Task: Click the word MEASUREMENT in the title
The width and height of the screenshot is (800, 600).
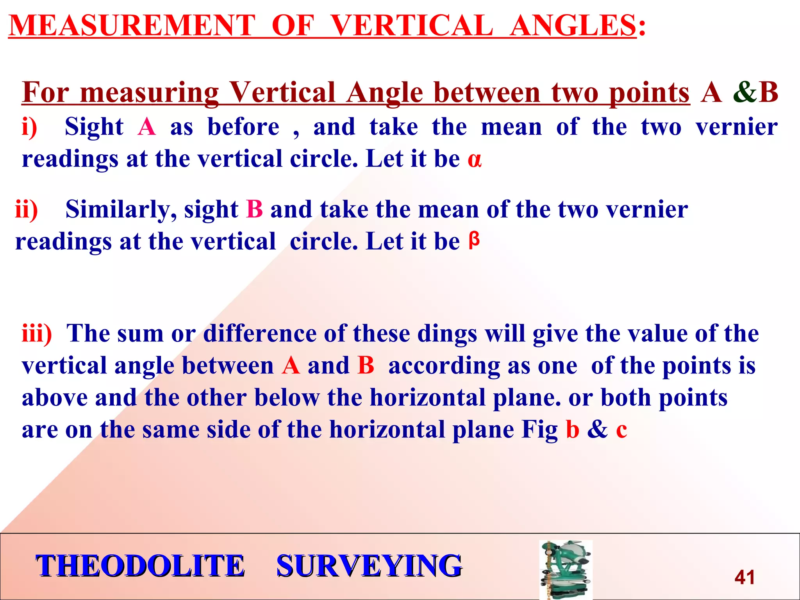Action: [x=132, y=26]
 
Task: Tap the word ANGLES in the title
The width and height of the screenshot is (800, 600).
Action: [x=573, y=26]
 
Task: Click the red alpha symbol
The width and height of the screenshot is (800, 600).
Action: [x=475, y=160]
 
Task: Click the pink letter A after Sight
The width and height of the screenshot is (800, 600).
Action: [x=146, y=127]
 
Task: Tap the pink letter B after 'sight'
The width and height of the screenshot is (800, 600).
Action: [x=255, y=209]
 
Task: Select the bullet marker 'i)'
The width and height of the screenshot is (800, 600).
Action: [x=30, y=127]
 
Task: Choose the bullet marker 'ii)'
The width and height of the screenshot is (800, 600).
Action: [x=27, y=209]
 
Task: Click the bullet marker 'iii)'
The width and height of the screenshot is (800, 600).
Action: [x=37, y=334]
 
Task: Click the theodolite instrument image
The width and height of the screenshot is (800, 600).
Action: [x=566, y=570]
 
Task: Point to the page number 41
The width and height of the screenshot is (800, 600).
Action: [x=745, y=577]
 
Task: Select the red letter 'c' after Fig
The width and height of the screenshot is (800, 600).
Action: [x=621, y=430]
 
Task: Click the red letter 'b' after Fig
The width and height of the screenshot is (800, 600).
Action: [x=573, y=429]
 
